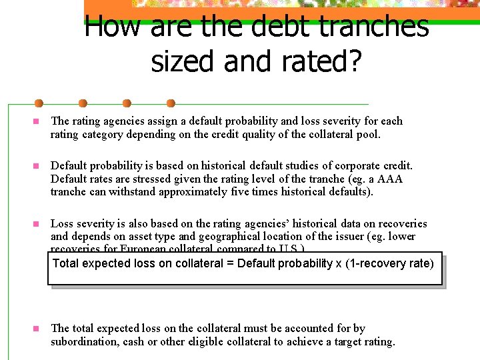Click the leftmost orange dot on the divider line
(x=39, y=103)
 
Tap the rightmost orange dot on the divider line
(x=171, y=103)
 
